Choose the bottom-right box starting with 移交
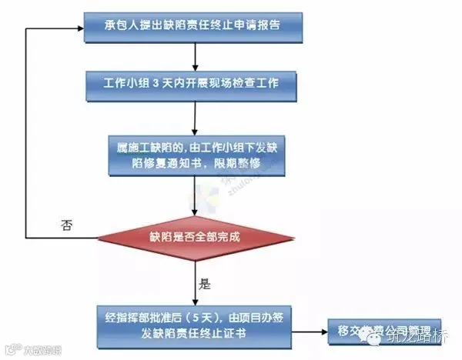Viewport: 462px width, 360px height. click(x=380, y=332)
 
